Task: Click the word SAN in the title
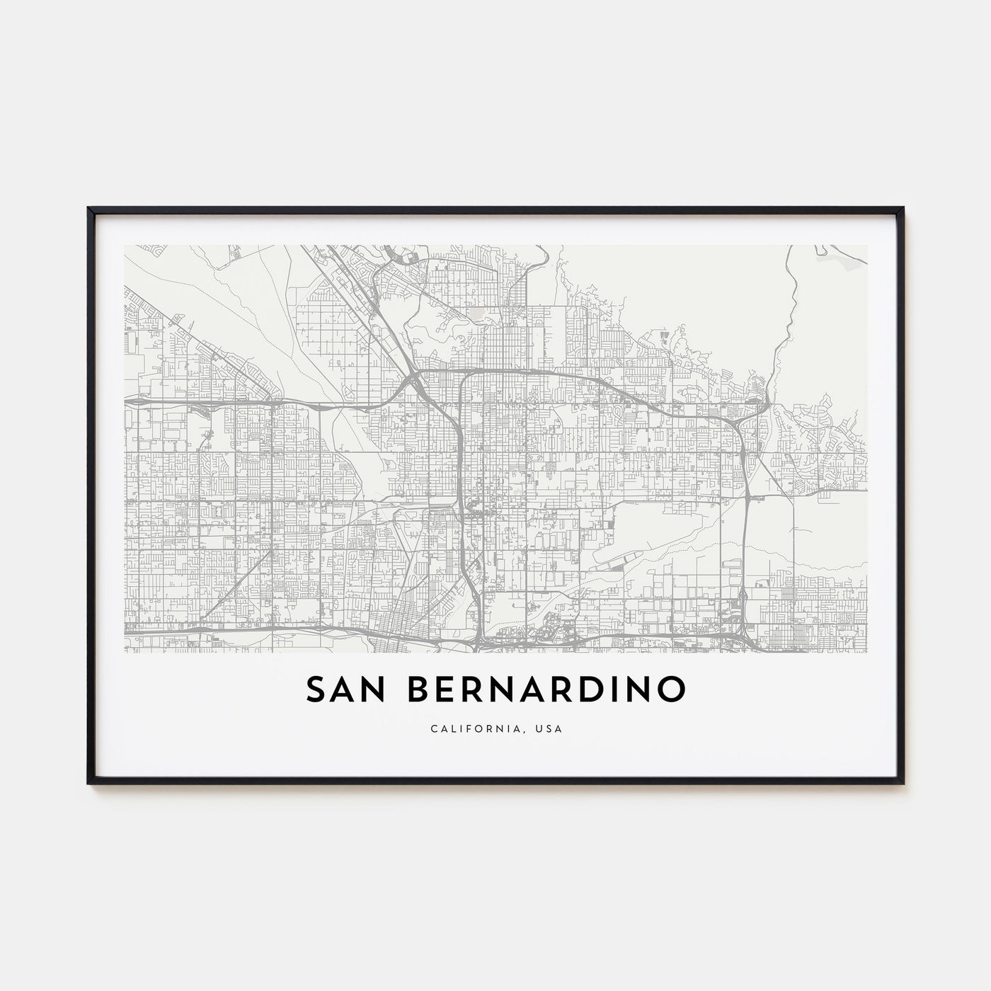pyautogui.click(x=343, y=689)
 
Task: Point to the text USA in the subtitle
pyautogui.click(x=552, y=728)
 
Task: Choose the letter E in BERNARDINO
pyautogui.click(x=439, y=689)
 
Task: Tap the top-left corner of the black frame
pyautogui.click(x=89, y=209)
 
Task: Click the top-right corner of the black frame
pyautogui.click(x=903, y=209)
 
